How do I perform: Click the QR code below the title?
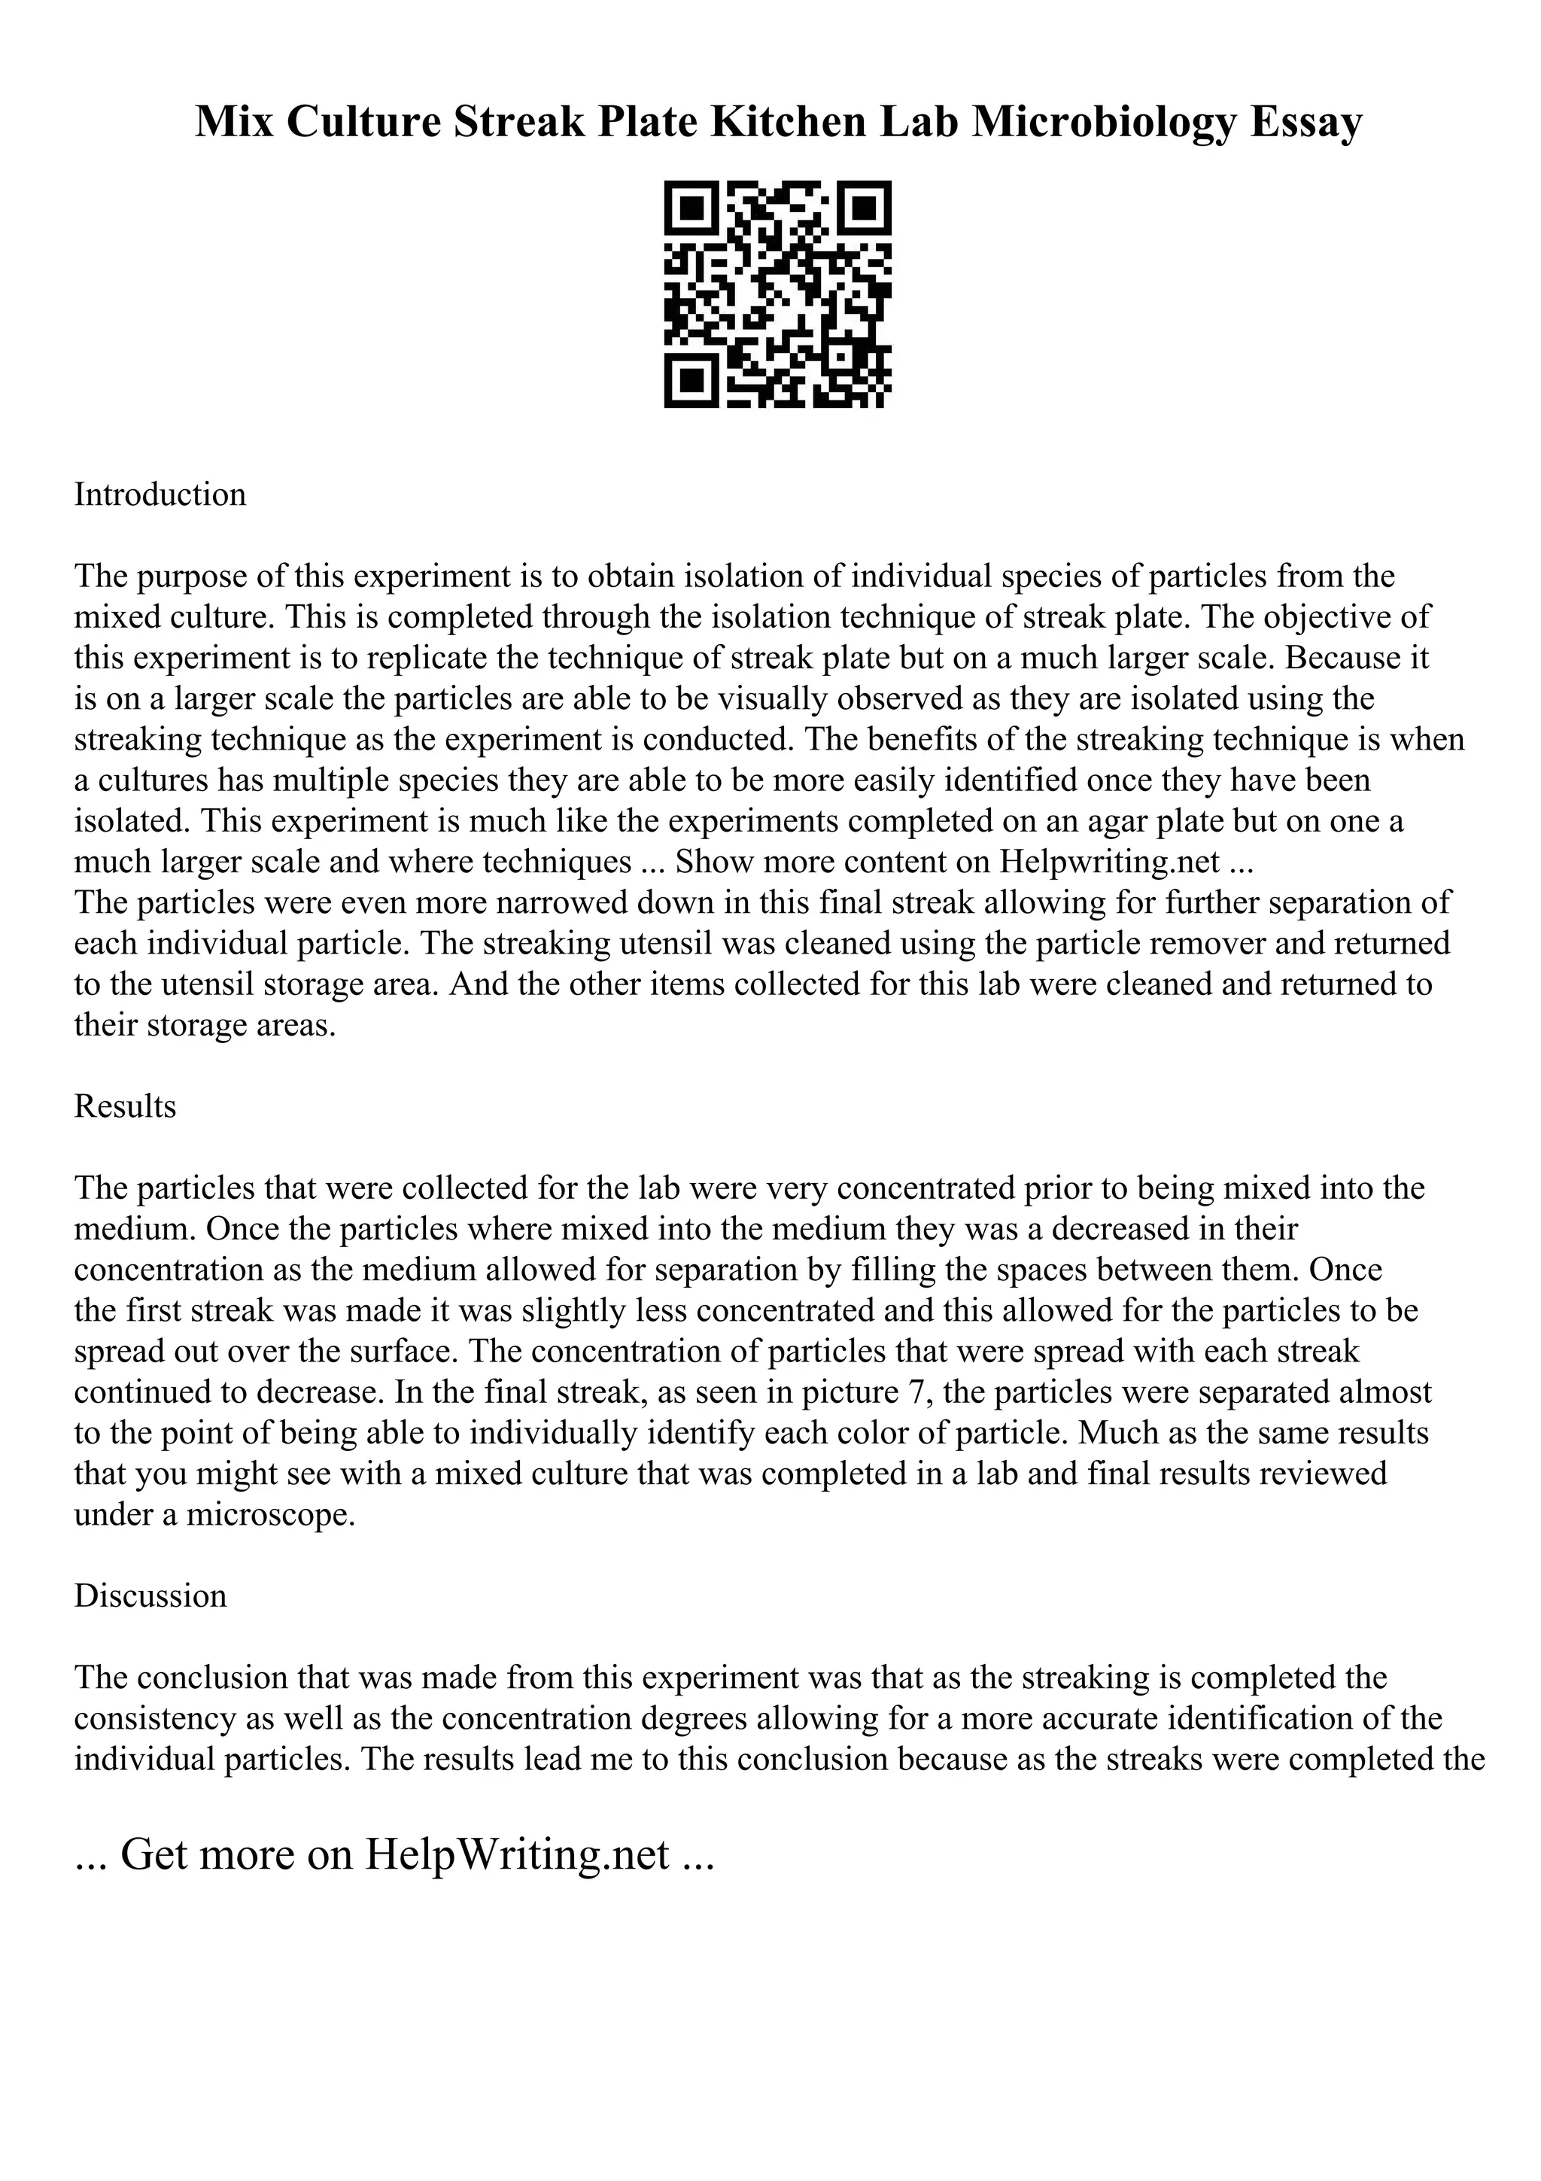coord(777,294)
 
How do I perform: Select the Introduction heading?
coord(160,495)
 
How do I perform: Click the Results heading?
coord(126,1106)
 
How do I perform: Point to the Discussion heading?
coord(150,1595)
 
